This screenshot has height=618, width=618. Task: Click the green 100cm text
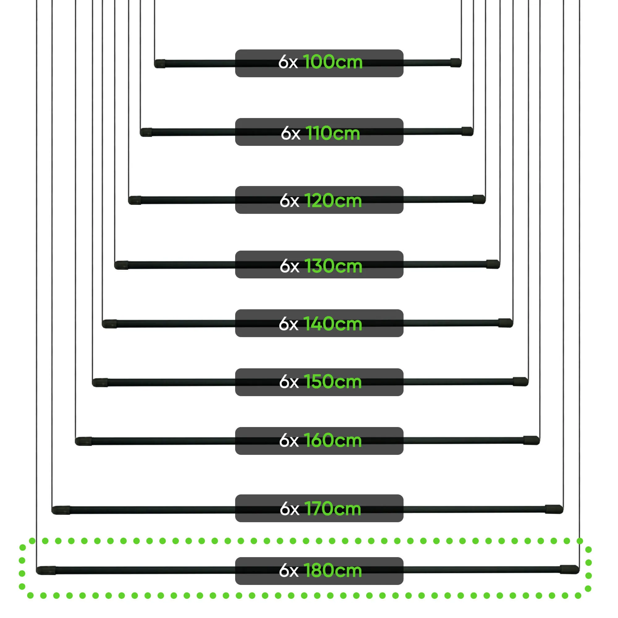pyautogui.click(x=333, y=62)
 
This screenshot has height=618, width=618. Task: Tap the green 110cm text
pyautogui.click(x=333, y=133)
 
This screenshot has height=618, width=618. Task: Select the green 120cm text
pyautogui.click(x=333, y=201)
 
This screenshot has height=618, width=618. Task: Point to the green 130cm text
pyautogui.click(x=333, y=266)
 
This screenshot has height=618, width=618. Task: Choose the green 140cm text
pyautogui.click(x=333, y=324)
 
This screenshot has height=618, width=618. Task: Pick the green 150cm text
pyautogui.click(x=333, y=382)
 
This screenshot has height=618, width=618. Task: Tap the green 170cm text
pyautogui.click(x=333, y=508)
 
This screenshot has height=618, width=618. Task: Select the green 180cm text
pyautogui.click(x=333, y=570)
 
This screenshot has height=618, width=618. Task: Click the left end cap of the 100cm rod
pyautogui.click(x=160, y=64)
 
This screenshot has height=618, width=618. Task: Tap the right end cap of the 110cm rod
pyautogui.click(x=467, y=131)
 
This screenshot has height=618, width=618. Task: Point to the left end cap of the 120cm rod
pyautogui.click(x=135, y=200)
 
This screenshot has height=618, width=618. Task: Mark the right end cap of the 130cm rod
pyautogui.click(x=493, y=264)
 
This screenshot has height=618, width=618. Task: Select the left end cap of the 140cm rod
pyautogui.click(x=109, y=324)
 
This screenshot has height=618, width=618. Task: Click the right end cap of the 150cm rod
pyautogui.click(x=520, y=381)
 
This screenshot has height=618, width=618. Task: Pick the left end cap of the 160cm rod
pyautogui.click(x=83, y=441)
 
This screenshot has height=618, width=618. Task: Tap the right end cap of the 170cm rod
pyautogui.click(x=554, y=509)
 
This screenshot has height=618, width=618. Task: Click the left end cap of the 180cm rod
pyautogui.click(x=46, y=570)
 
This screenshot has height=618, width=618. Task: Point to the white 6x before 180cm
pyautogui.click(x=289, y=571)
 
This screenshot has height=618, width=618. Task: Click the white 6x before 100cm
pyautogui.click(x=288, y=62)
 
